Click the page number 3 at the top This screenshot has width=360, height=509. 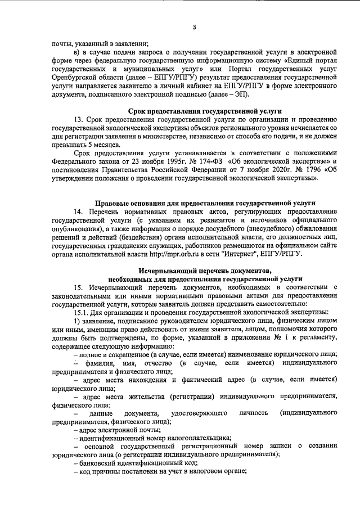click(x=193, y=27)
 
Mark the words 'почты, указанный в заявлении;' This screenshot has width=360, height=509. click(x=99, y=44)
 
